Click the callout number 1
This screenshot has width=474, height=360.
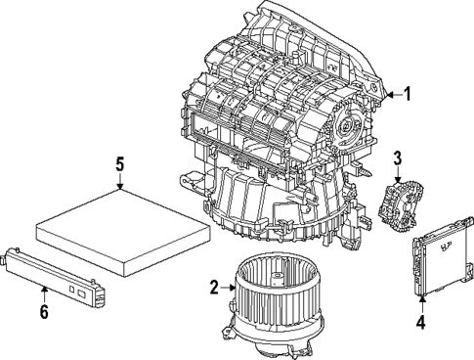coord(409,95)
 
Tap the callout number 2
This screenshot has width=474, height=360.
coord(214,287)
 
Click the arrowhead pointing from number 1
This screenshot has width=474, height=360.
coord(388,95)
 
